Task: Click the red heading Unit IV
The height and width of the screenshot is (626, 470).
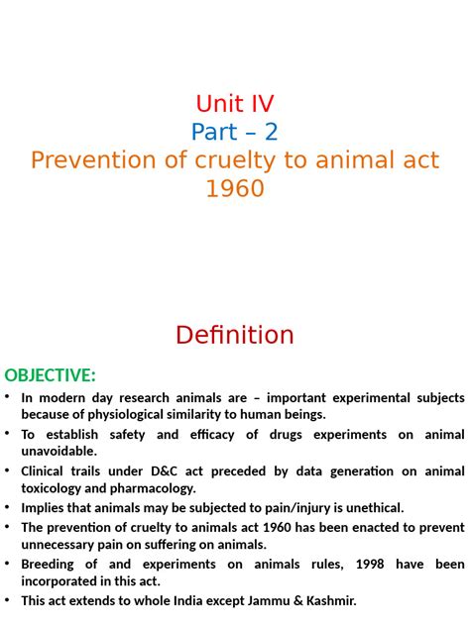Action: tap(235, 103)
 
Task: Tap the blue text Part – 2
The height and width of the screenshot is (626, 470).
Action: tap(235, 132)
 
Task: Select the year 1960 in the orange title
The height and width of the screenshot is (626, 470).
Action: tap(235, 187)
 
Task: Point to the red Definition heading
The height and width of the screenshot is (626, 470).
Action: tap(235, 335)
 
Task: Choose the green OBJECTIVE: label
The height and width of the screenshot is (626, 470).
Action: tap(51, 375)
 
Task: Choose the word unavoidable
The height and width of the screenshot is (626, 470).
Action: tap(59, 452)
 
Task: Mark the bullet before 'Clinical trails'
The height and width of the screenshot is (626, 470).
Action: tap(8, 470)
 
